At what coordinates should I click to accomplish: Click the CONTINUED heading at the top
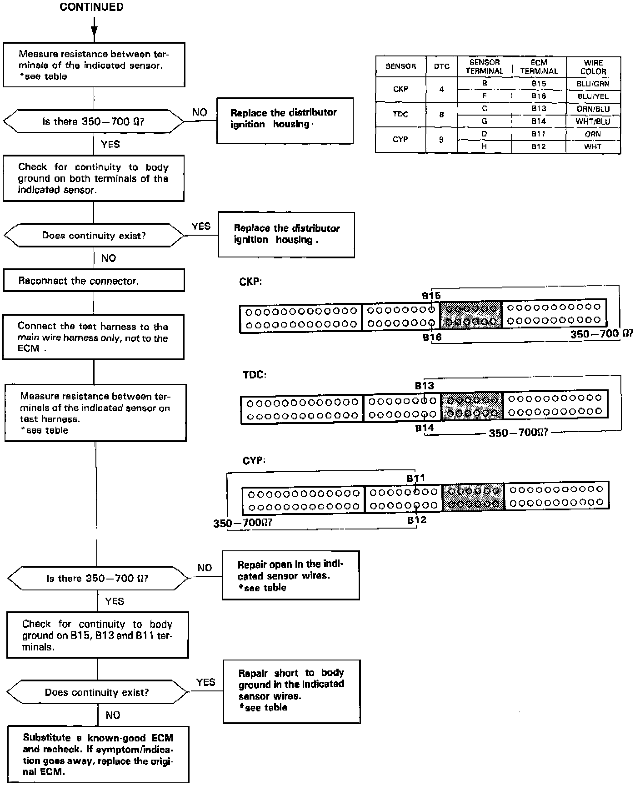91,7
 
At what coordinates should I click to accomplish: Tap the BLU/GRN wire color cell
593,84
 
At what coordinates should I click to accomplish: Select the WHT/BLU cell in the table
593,121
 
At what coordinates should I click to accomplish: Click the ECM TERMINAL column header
539,66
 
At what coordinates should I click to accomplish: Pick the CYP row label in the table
400,139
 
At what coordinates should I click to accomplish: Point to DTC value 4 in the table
441,90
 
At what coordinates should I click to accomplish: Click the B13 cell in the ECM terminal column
539,109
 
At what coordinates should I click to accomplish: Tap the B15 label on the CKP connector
431,296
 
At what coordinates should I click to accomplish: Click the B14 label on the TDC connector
425,428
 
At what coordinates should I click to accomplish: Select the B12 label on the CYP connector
417,519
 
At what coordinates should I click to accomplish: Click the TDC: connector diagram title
255,375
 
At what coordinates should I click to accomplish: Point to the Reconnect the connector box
94,281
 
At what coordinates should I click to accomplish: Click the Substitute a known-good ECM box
98,755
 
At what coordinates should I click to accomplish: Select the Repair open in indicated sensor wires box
290,576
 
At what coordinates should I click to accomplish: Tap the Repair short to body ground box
291,690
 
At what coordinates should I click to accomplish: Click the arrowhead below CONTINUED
94,30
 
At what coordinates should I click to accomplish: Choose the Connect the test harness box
93,337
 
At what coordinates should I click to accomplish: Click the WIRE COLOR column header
593,66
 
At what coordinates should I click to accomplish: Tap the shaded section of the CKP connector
471,314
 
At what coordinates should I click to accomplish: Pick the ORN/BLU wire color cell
593,109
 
